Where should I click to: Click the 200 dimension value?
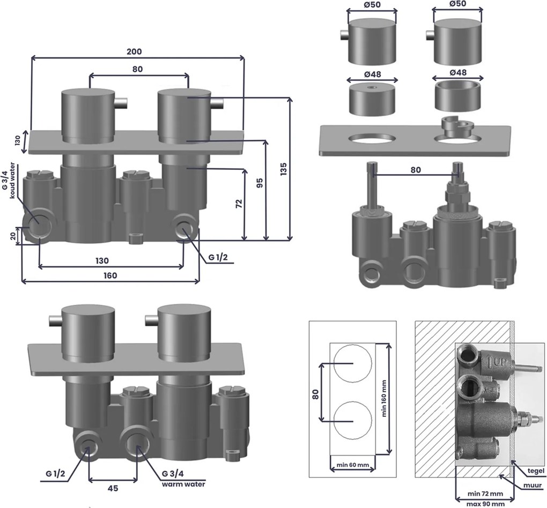pos(134,51)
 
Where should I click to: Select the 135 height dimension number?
pos(284,169)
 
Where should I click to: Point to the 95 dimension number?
pos(260,183)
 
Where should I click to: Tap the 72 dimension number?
pos(239,204)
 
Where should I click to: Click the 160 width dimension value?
pos(110,275)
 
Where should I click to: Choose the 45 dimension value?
pos(113,489)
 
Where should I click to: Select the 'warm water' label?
pos(183,484)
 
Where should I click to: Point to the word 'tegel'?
pos(536,471)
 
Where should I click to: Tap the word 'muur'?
pos(533,485)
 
